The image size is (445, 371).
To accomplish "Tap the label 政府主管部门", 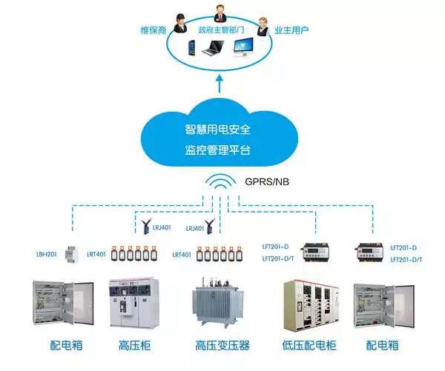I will click(220, 30).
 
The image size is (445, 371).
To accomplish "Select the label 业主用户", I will click(291, 30).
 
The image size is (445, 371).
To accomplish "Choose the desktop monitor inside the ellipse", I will click(245, 48).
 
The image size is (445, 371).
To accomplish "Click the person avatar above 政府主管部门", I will click(220, 13).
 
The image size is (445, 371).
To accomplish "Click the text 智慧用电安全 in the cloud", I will click(218, 129).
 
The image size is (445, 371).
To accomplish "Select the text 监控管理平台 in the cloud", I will click(218, 150).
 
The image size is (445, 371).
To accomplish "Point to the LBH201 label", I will click(47, 255).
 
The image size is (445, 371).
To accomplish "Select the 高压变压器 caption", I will click(222, 345).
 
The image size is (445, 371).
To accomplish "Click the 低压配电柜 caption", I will click(310, 345).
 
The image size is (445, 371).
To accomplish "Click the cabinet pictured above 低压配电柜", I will click(310, 304).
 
